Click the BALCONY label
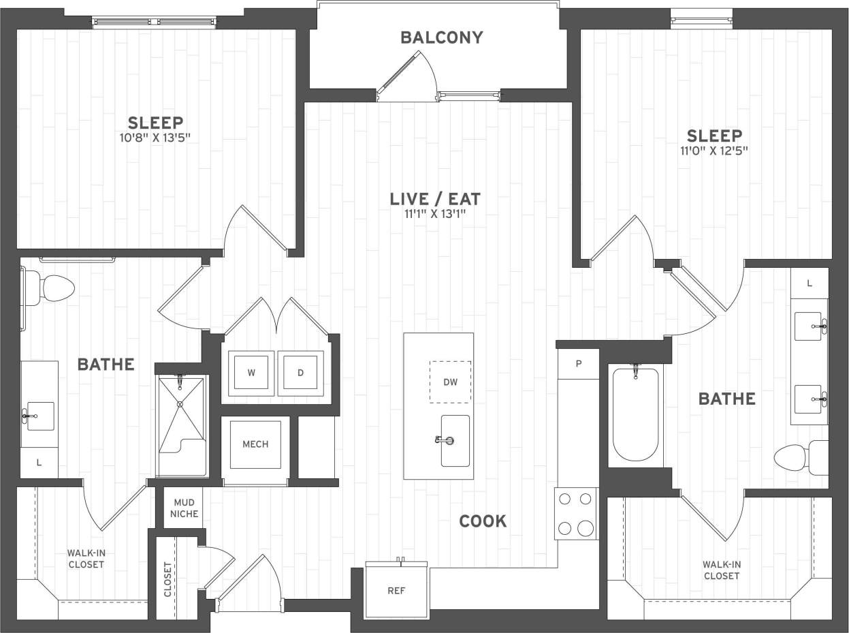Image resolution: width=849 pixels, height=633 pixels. pos(441,37)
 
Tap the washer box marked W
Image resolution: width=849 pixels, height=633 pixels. pos(251,373)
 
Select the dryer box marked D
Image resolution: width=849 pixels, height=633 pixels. pos(300,373)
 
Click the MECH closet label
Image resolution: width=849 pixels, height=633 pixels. pos(255,444)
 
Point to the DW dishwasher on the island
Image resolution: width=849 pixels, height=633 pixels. pos(450,382)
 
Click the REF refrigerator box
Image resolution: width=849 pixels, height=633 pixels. pos(396,590)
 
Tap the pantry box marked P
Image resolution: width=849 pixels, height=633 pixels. pos(578,364)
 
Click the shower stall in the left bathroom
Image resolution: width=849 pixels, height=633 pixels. pos(181,425)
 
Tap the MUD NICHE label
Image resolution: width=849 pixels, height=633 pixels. pos(184,508)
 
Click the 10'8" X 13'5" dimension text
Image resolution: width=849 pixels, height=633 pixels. pos(155,138)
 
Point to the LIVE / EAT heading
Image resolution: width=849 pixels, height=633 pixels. pos(435,199)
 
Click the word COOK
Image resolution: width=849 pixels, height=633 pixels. pos(483,521)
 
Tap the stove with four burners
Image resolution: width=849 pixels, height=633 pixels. pos(575,514)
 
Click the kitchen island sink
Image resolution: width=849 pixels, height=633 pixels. pos(454,441)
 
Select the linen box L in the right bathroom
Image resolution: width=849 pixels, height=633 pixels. pos(809,283)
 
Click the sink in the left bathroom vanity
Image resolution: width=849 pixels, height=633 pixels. pos(39,416)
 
